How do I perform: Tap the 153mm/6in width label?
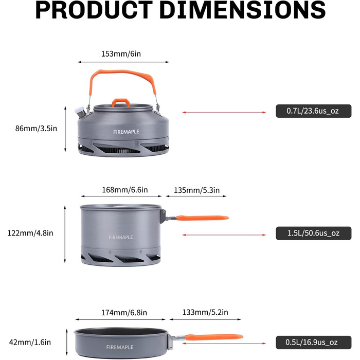coord(121,53)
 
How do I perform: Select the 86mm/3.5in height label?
coord(36,129)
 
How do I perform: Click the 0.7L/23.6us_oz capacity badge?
coord(313,111)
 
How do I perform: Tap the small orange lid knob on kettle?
coord(121,102)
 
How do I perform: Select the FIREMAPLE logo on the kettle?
coord(126,132)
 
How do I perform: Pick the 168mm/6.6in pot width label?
coord(124,190)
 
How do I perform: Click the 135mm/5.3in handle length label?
coord(197,190)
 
